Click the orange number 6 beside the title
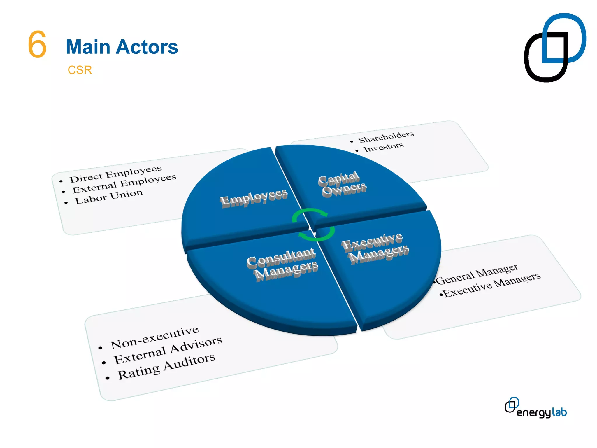[x=37, y=44]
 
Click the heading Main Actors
[x=122, y=47]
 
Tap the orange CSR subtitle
[x=80, y=70]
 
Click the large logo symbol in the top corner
[x=554, y=47]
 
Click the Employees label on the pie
[x=254, y=198]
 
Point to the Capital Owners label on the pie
[x=342, y=184]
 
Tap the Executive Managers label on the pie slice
[x=375, y=248]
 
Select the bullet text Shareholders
[x=386, y=137]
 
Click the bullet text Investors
[x=383, y=147]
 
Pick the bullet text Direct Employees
[x=115, y=174]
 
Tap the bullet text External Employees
[x=124, y=184]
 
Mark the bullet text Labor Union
[x=109, y=197]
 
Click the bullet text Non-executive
[x=154, y=337]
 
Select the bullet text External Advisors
[x=168, y=350]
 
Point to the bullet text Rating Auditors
[x=166, y=366]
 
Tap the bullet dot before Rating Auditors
[x=107, y=378]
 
